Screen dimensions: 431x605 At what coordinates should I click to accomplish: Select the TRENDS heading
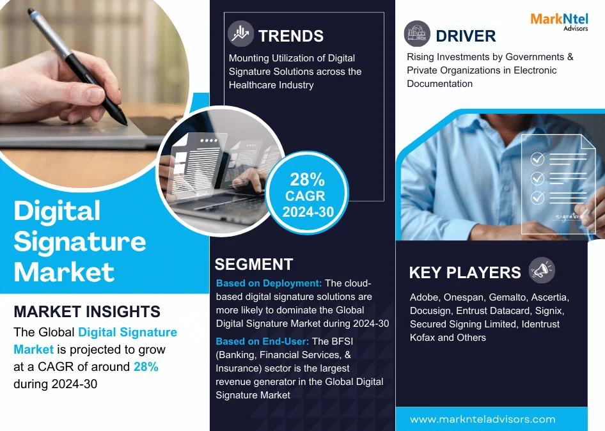point(291,36)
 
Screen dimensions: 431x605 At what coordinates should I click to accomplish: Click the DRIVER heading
point(466,35)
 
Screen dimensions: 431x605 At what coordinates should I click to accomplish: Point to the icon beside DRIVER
point(417,34)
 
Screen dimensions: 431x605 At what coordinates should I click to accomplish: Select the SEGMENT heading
point(254,264)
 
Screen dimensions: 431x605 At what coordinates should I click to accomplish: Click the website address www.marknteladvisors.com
point(482,419)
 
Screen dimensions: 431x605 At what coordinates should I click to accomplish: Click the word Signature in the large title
point(80,242)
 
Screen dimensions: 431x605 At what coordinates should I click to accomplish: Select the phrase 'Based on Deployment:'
point(269,283)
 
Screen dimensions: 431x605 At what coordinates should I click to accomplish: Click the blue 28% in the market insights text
point(146,366)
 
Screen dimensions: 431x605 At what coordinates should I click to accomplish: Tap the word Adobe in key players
point(425,297)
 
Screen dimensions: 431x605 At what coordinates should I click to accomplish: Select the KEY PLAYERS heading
point(465,272)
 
